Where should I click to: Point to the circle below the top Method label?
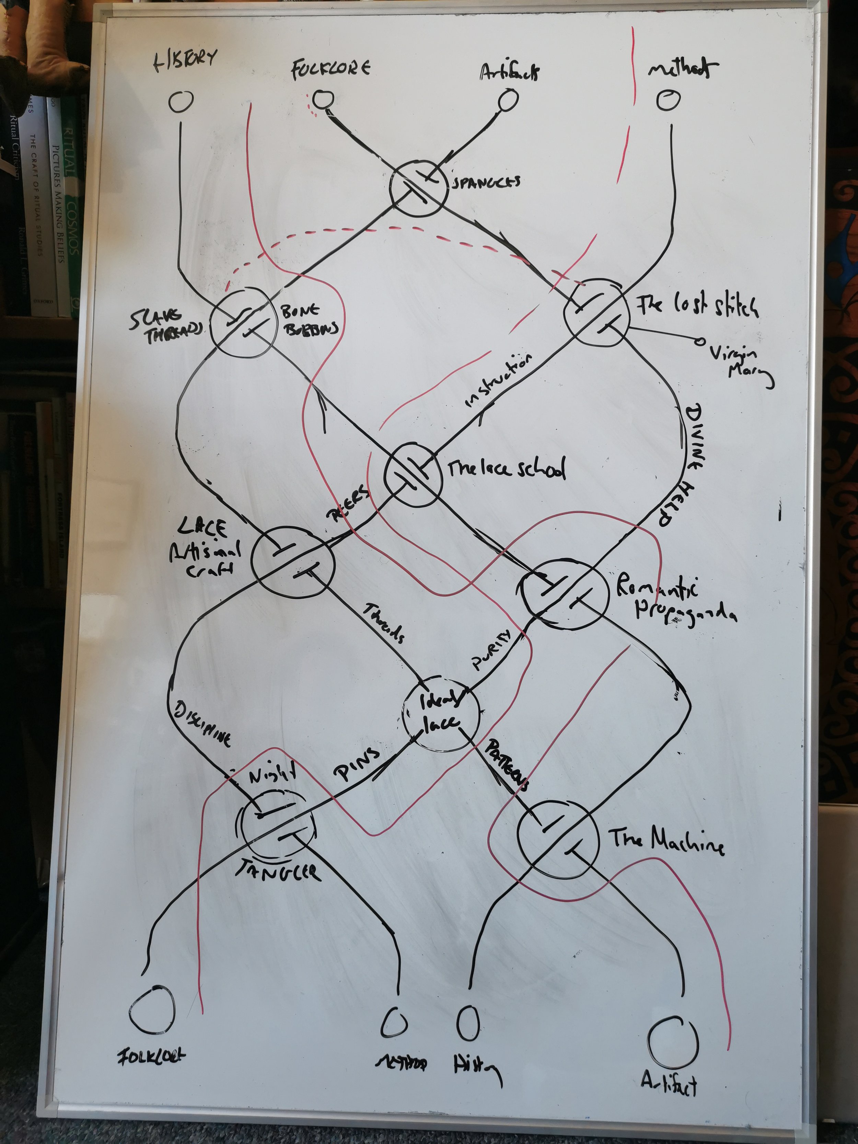[x=668, y=100]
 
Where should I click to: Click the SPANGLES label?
[x=486, y=182]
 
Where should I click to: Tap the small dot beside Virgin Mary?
[x=699, y=341]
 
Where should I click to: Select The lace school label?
[x=506, y=469]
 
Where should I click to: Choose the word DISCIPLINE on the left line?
[x=202, y=724]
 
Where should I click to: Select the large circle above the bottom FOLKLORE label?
[x=152, y=1008]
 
